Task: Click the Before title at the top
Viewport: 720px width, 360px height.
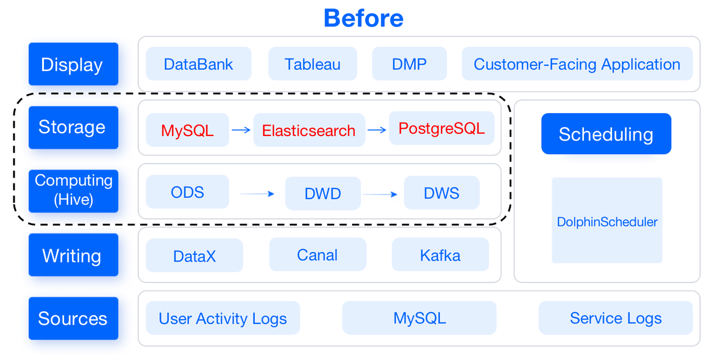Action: (363, 19)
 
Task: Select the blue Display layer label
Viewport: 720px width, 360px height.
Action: (73, 64)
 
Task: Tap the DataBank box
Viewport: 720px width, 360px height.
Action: (198, 64)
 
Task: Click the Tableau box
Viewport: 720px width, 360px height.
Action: (312, 64)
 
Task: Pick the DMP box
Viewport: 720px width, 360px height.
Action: (409, 64)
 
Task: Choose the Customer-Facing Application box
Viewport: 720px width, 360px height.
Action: (577, 64)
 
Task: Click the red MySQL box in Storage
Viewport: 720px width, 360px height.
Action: (187, 130)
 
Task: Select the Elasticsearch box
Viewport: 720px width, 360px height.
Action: (309, 130)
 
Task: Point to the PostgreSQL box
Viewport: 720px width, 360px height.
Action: (441, 128)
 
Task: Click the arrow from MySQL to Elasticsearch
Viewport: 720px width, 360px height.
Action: (241, 130)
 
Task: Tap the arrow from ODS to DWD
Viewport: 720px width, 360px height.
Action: (256, 194)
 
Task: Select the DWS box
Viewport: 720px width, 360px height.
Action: (441, 193)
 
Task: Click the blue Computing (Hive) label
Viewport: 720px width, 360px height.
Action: (73, 191)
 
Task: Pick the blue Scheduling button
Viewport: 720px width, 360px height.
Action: (606, 134)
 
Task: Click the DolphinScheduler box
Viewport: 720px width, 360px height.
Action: (607, 220)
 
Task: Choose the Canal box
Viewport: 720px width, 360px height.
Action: (317, 255)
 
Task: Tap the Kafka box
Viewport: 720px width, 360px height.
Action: (440, 255)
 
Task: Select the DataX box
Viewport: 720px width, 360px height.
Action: (194, 256)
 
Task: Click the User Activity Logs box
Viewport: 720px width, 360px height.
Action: (223, 318)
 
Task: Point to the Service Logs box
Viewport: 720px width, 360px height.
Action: (615, 318)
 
